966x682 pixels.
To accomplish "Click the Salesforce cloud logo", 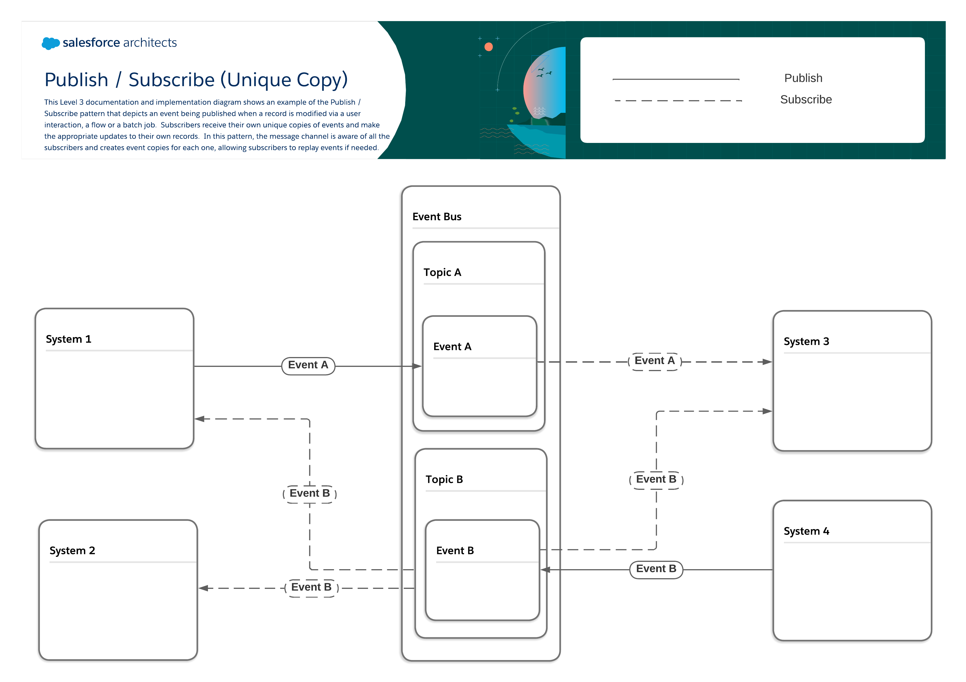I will (x=50, y=43).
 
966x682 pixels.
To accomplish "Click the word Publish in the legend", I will (x=803, y=78).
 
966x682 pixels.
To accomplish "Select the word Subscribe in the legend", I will (x=806, y=100).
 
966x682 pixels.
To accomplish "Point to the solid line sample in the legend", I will (x=676, y=79).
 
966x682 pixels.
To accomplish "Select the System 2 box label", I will (x=72, y=551).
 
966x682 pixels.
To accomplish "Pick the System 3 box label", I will (x=806, y=341).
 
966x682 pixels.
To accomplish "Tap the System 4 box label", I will (x=806, y=531).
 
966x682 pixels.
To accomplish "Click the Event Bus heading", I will (x=437, y=217).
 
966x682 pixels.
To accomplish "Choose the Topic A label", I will (x=442, y=273).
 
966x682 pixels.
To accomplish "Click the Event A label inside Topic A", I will (x=452, y=347).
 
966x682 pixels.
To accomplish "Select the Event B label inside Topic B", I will (x=455, y=551).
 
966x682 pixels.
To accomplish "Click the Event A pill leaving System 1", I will (x=308, y=365).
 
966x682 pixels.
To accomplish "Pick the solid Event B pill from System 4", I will (x=656, y=569).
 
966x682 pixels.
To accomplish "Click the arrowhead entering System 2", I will (x=203, y=588).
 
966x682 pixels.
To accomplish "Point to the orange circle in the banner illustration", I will (x=488, y=47).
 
